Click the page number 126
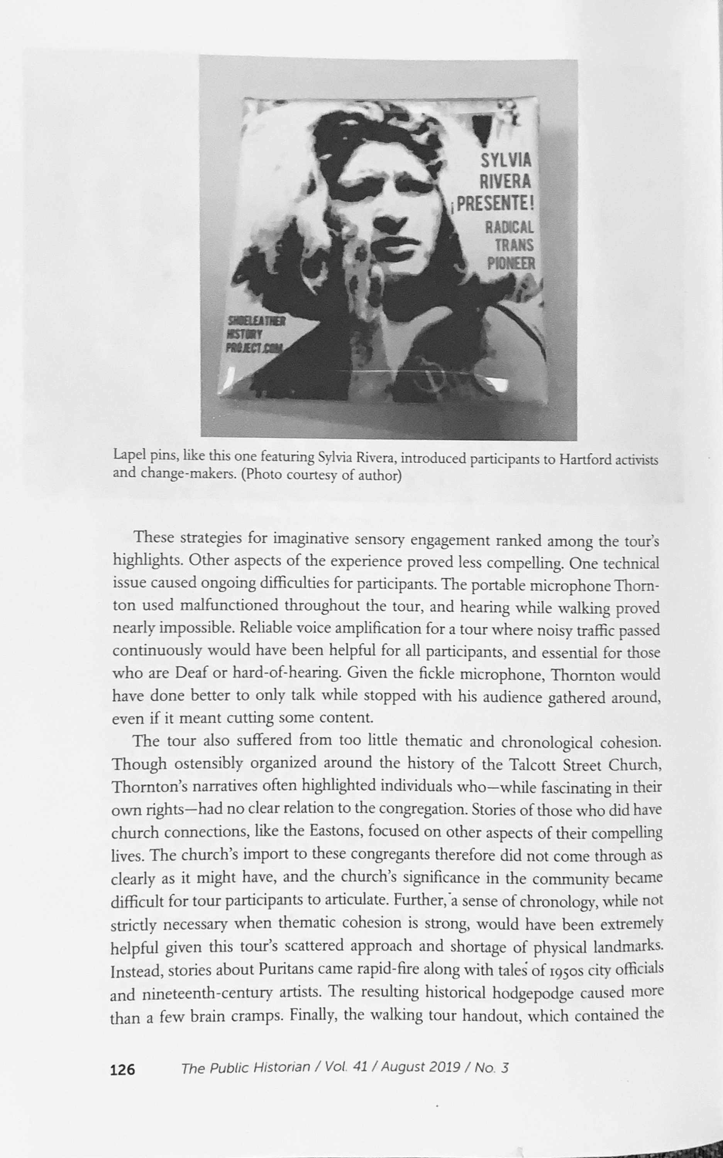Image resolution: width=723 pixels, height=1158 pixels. tap(122, 1070)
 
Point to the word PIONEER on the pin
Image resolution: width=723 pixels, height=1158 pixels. tap(511, 263)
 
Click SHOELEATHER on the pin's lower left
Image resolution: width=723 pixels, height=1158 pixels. tap(256, 321)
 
